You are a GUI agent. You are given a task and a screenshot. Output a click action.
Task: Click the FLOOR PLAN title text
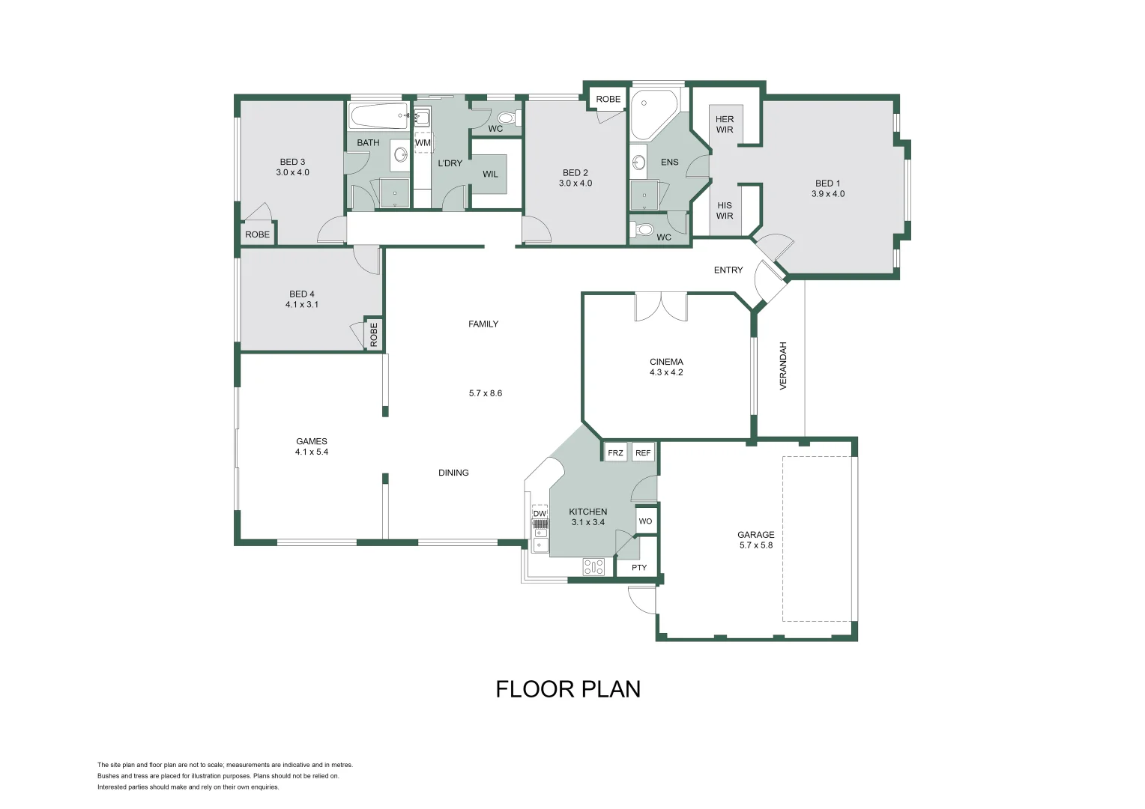tap(568, 689)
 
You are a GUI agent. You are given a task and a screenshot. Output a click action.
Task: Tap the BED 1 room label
tap(827, 188)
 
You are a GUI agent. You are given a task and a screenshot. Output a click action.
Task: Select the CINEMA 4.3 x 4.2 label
tap(666, 367)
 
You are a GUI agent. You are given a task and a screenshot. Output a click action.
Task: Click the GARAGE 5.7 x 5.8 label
tap(755, 540)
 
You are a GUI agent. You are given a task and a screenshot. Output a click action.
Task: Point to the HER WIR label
tap(725, 124)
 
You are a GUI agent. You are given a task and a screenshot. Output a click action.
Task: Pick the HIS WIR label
tap(725, 210)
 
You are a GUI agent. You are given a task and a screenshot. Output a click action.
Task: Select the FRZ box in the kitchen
tap(615, 453)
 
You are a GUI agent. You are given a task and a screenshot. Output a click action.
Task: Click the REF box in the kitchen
tap(643, 453)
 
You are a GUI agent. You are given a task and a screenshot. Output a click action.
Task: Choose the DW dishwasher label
tap(540, 513)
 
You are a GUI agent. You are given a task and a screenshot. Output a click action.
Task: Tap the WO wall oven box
tap(645, 521)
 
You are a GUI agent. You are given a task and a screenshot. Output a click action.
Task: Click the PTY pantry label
tap(638, 568)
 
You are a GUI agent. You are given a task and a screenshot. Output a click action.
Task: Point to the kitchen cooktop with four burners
tap(593, 567)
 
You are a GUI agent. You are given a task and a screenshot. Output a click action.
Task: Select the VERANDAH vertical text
tap(783, 366)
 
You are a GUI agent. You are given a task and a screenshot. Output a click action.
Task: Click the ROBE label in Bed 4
tap(373, 334)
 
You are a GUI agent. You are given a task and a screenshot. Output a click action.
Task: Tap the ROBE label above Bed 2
tap(608, 99)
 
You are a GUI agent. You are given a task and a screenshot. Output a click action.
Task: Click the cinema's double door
tap(660, 306)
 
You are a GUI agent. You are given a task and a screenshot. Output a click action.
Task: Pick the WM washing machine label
tap(423, 142)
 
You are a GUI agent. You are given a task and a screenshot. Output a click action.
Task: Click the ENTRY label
tap(728, 270)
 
